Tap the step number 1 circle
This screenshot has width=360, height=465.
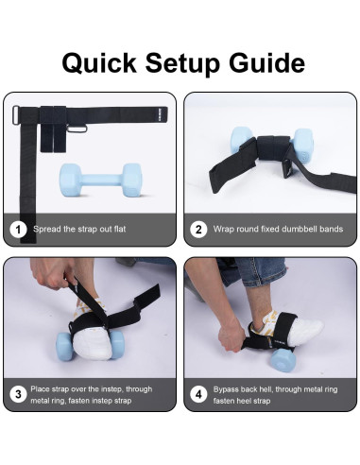tap(17, 229)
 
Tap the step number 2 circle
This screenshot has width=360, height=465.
tap(198, 229)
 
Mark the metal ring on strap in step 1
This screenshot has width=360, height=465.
tap(80, 128)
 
